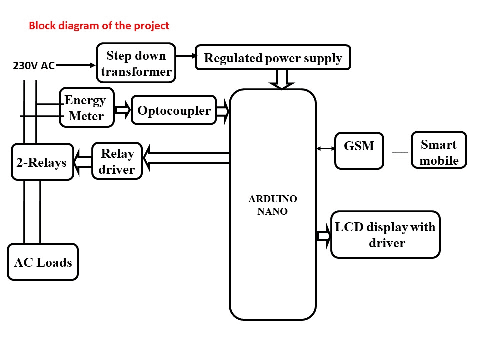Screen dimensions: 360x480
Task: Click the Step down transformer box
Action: [136, 63]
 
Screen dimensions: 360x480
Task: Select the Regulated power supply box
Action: [273, 58]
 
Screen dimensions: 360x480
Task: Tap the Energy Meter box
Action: [87, 108]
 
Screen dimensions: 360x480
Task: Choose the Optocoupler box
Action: [174, 110]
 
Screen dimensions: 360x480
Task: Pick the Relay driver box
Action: [117, 161]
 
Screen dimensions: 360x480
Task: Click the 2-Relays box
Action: [42, 162]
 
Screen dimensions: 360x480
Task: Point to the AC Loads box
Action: [43, 262]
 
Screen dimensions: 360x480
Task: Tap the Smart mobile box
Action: [439, 150]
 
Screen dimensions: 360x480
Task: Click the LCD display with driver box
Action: [385, 234]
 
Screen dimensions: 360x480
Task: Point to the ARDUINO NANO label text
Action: [273, 205]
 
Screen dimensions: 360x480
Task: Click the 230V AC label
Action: [34, 66]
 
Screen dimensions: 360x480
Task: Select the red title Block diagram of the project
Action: [99, 25]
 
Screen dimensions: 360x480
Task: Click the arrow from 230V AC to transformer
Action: [75, 65]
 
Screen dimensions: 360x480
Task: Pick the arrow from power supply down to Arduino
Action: [282, 79]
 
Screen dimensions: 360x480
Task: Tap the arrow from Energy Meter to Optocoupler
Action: [122, 109]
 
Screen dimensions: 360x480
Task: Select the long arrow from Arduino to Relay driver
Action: [187, 158]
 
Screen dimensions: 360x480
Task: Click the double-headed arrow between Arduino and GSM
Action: [326, 148]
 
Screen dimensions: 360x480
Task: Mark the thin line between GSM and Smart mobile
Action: [400, 152]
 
